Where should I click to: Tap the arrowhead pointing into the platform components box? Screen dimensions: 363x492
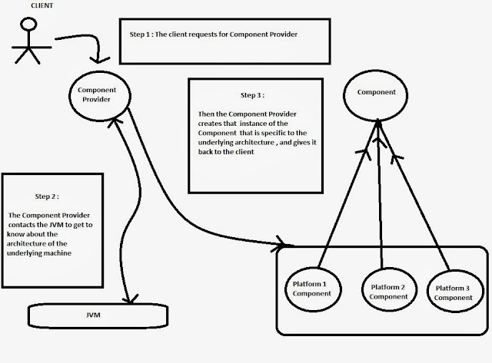coord(276,248)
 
